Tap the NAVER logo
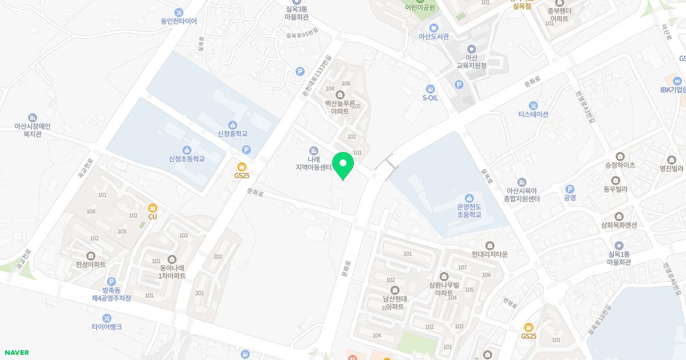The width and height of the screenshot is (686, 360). pyautogui.click(x=16, y=353)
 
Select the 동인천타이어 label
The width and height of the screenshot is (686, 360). pyautogui.click(x=178, y=22)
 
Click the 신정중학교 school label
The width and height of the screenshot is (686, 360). pyautogui.click(x=232, y=134)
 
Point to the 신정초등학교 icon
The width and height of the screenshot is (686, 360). pyautogui.click(x=187, y=150)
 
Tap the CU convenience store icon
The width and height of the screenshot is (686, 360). pyautogui.click(x=153, y=208)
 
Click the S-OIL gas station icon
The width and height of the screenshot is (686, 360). pyautogui.click(x=430, y=89)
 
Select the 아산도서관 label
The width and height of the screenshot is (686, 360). pyautogui.click(x=433, y=37)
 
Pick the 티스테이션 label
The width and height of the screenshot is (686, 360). pyautogui.click(x=533, y=114)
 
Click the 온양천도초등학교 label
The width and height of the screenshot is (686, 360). pyautogui.click(x=469, y=211)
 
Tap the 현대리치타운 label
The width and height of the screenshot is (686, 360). pyautogui.click(x=490, y=254)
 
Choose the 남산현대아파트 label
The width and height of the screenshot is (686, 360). pyautogui.click(x=394, y=303)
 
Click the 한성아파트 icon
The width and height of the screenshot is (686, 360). pyautogui.click(x=91, y=256)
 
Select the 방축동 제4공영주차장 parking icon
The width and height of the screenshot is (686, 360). pyautogui.click(x=111, y=282)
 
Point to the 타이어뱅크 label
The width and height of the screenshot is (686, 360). pyautogui.click(x=106, y=327)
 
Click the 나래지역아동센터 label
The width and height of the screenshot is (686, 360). pyautogui.click(x=313, y=163)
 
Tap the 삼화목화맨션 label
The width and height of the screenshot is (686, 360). pyautogui.click(x=619, y=225)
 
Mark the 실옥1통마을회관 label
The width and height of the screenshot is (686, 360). pyautogui.click(x=619, y=258)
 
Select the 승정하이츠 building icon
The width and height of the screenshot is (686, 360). pyautogui.click(x=620, y=157)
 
